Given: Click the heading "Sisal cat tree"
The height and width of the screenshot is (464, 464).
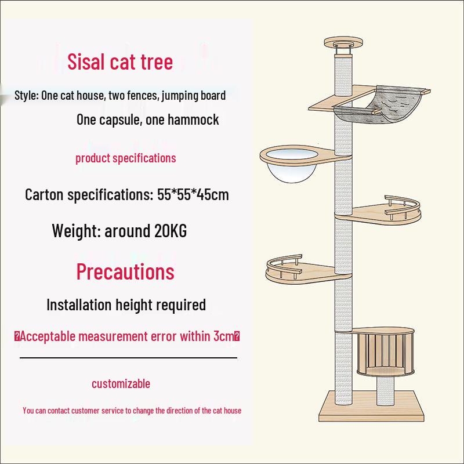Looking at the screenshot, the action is click(x=120, y=61).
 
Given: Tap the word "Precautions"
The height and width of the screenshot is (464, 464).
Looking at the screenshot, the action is click(x=125, y=271).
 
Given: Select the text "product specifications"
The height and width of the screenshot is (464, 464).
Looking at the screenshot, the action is click(x=126, y=158).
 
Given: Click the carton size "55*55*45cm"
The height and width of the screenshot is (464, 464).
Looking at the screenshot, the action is click(x=193, y=195).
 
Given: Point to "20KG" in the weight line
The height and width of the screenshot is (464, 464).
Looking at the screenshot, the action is click(x=171, y=230).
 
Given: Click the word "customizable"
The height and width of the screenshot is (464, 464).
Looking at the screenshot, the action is click(x=121, y=383).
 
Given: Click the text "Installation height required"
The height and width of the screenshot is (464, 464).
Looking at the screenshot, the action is click(x=126, y=304).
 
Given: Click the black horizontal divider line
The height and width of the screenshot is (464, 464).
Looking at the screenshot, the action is click(x=128, y=358).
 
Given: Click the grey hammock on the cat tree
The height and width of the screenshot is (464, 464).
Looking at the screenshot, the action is click(x=382, y=105).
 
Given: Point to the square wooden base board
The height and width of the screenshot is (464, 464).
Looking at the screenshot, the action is click(x=371, y=407).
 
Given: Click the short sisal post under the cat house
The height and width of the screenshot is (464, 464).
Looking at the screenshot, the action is click(x=385, y=390).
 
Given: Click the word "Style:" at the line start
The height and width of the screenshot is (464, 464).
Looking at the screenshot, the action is click(x=27, y=95).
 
